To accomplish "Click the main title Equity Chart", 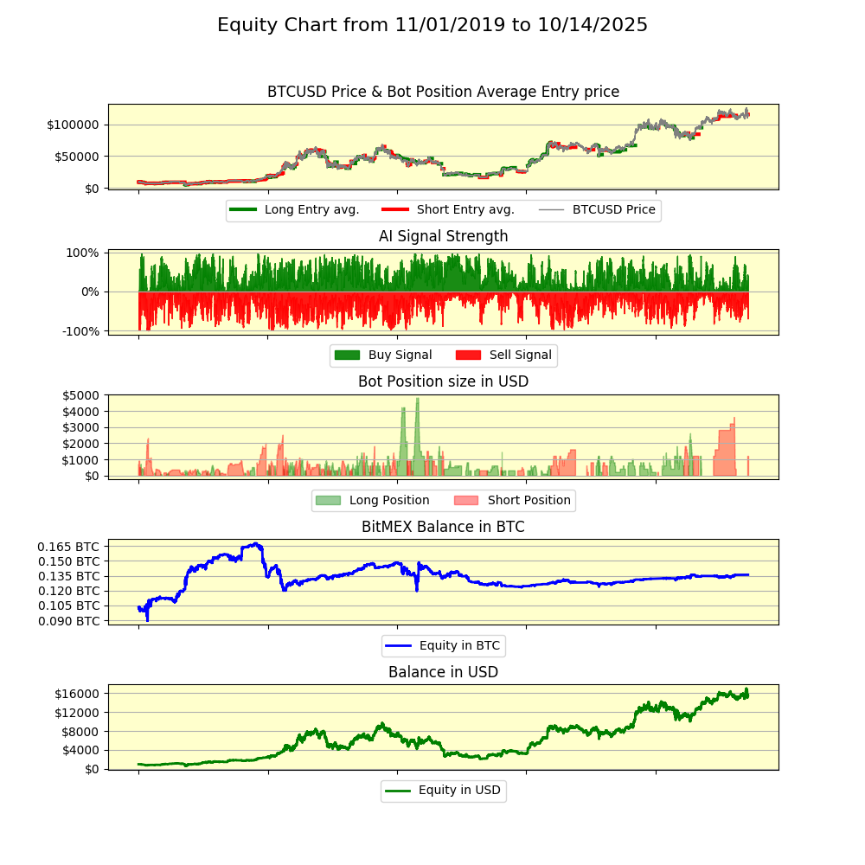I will [432, 25].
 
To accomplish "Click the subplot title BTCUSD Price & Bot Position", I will [443, 92].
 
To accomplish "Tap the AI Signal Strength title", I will [443, 236].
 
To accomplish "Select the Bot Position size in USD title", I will [443, 381].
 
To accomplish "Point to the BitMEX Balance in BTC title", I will [443, 527].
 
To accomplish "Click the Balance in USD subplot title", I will [443, 672].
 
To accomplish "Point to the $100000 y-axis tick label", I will [74, 125].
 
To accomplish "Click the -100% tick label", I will [80, 330].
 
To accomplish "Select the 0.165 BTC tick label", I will [68, 547].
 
